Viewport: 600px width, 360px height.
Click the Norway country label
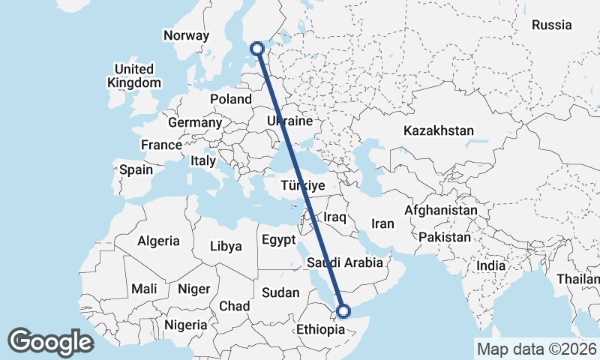coord(186,35)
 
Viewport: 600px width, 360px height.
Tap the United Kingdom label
coord(134,76)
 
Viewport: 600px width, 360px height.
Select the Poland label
coord(231,99)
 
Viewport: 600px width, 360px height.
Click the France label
coord(161,145)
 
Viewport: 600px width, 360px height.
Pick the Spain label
coord(136,169)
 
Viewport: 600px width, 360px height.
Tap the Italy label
coord(203,160)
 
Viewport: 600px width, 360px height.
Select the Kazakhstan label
coord(439,130)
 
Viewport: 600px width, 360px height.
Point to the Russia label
coord(552,25)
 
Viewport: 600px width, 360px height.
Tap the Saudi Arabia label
coord(345,262)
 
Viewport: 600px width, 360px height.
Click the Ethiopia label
coord(320,329)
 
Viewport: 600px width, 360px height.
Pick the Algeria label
coord(158,241)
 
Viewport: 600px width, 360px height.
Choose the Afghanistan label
coord(441,211)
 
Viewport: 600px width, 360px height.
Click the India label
coord(491,265)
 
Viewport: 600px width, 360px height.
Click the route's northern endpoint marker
coord(258,49)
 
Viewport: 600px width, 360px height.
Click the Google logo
coord(50,342)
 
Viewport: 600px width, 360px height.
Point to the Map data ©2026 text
coord(536,349)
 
